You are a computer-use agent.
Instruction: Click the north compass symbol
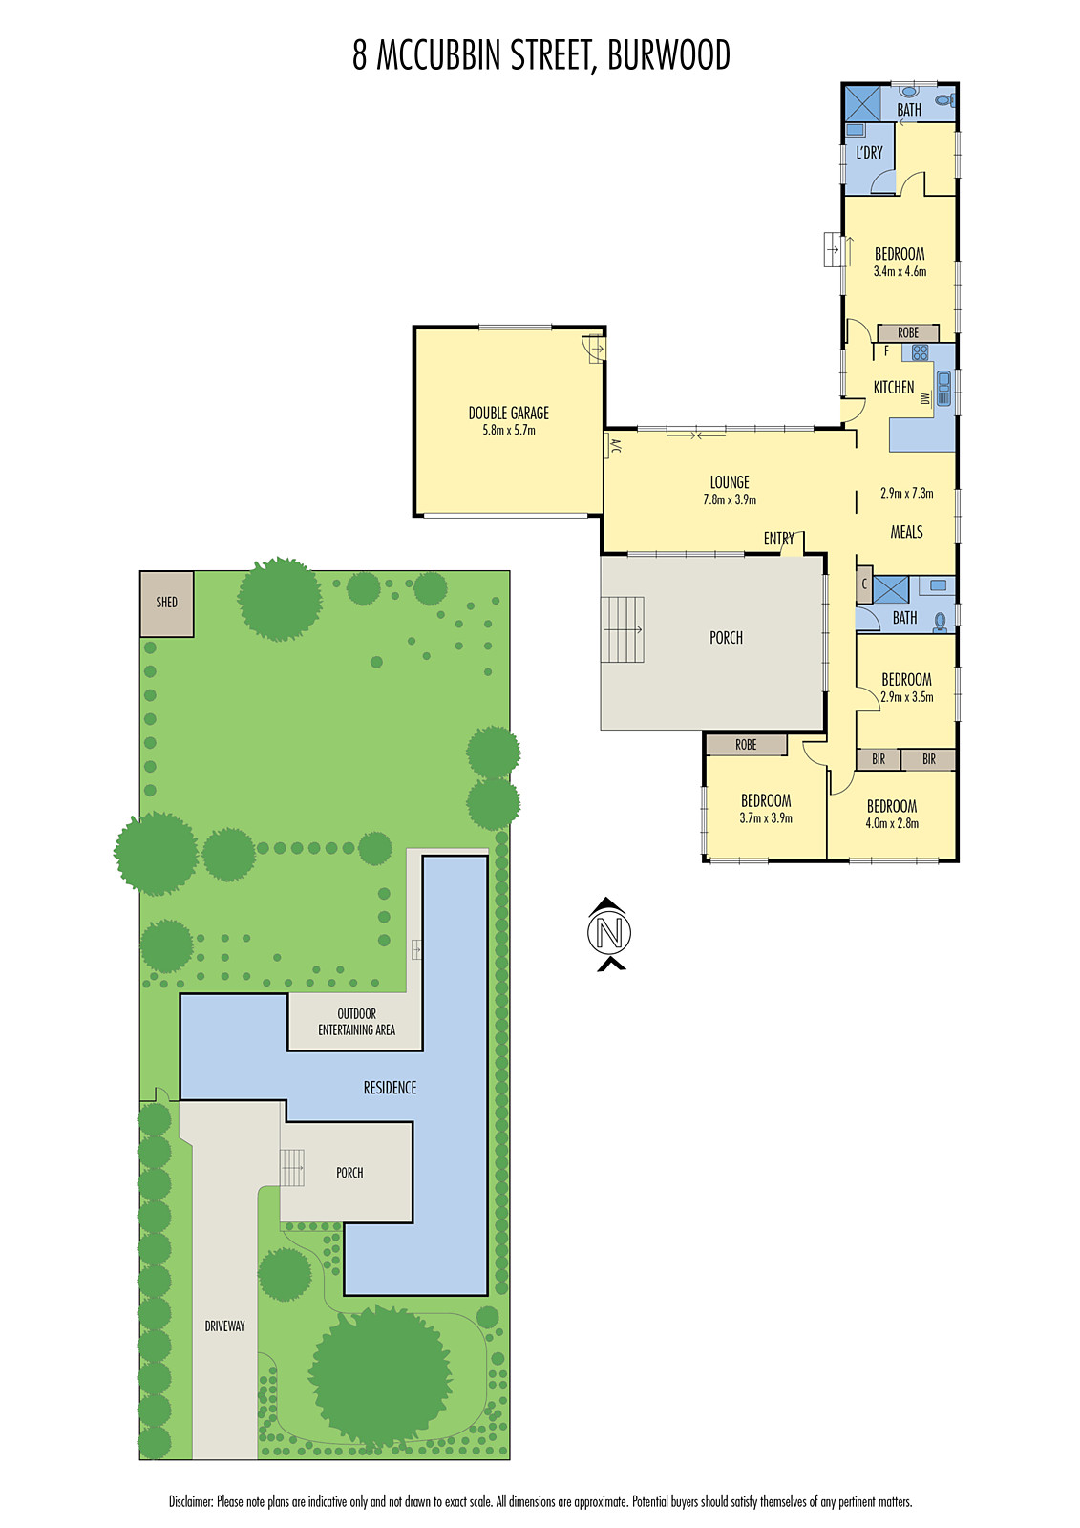609,933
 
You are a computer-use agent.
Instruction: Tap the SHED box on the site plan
167,604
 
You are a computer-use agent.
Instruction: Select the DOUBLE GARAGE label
508,414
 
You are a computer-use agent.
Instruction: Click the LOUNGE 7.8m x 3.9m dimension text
730,499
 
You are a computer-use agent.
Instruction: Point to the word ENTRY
778,540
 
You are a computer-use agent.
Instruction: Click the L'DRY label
869,153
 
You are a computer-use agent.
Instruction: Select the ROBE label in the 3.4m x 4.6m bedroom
908,332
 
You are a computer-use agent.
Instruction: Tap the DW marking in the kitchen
924,398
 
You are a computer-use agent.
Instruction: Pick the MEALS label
906,532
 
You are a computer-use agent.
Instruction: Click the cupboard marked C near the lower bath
864,584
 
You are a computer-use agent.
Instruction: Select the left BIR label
879,759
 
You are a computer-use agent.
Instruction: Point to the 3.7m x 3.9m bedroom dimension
766,818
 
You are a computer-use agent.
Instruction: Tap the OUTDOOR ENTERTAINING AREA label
356,1022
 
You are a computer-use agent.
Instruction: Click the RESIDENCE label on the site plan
390,1088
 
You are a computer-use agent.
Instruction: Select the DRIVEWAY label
224,1326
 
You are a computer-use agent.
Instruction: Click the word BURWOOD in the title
668,55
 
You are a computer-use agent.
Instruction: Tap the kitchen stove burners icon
920,352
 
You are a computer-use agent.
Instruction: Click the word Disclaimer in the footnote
191,1501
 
